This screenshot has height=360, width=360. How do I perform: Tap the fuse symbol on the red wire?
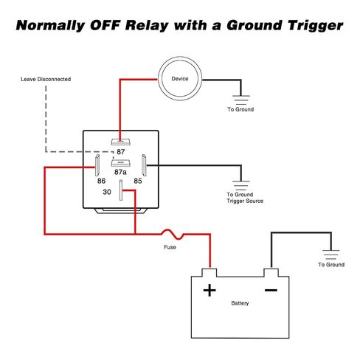coord(173,235)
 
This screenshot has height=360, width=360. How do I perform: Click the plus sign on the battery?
coord(210,290)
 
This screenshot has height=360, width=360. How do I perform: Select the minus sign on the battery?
coord(271,290)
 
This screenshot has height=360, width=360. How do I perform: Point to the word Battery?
coord(240,303)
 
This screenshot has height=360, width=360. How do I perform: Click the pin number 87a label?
coord(120,172)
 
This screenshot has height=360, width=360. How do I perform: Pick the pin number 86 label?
coord(101,181)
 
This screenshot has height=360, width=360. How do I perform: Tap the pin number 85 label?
coord(138,181)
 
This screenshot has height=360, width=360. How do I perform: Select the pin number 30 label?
coord(107,192)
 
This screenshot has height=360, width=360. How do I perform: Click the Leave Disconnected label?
coord(46,79)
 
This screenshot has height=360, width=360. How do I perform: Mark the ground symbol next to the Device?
coord(241,100)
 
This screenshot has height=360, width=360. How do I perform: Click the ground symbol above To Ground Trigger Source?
coord(241,185)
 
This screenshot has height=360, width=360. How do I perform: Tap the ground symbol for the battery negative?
coord(331,255)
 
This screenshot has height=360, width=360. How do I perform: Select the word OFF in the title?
coord(105,25)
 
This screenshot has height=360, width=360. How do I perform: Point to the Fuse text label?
coord(170,247)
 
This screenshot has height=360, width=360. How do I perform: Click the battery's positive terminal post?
coord(210,272)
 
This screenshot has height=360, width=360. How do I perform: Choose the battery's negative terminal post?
coord(271,272)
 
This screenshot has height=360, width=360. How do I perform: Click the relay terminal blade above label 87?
coord(120,142)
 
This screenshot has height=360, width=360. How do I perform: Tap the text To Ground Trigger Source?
coord(245,198)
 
